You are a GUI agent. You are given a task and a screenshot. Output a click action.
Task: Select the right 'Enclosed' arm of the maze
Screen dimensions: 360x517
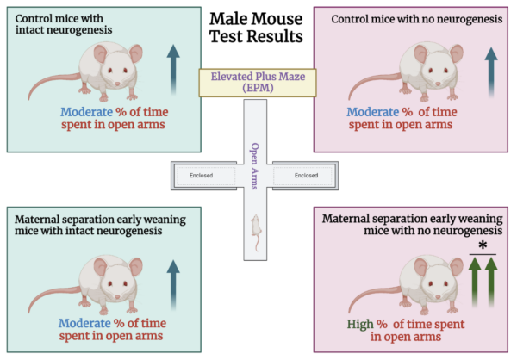(x=305, y=176)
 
